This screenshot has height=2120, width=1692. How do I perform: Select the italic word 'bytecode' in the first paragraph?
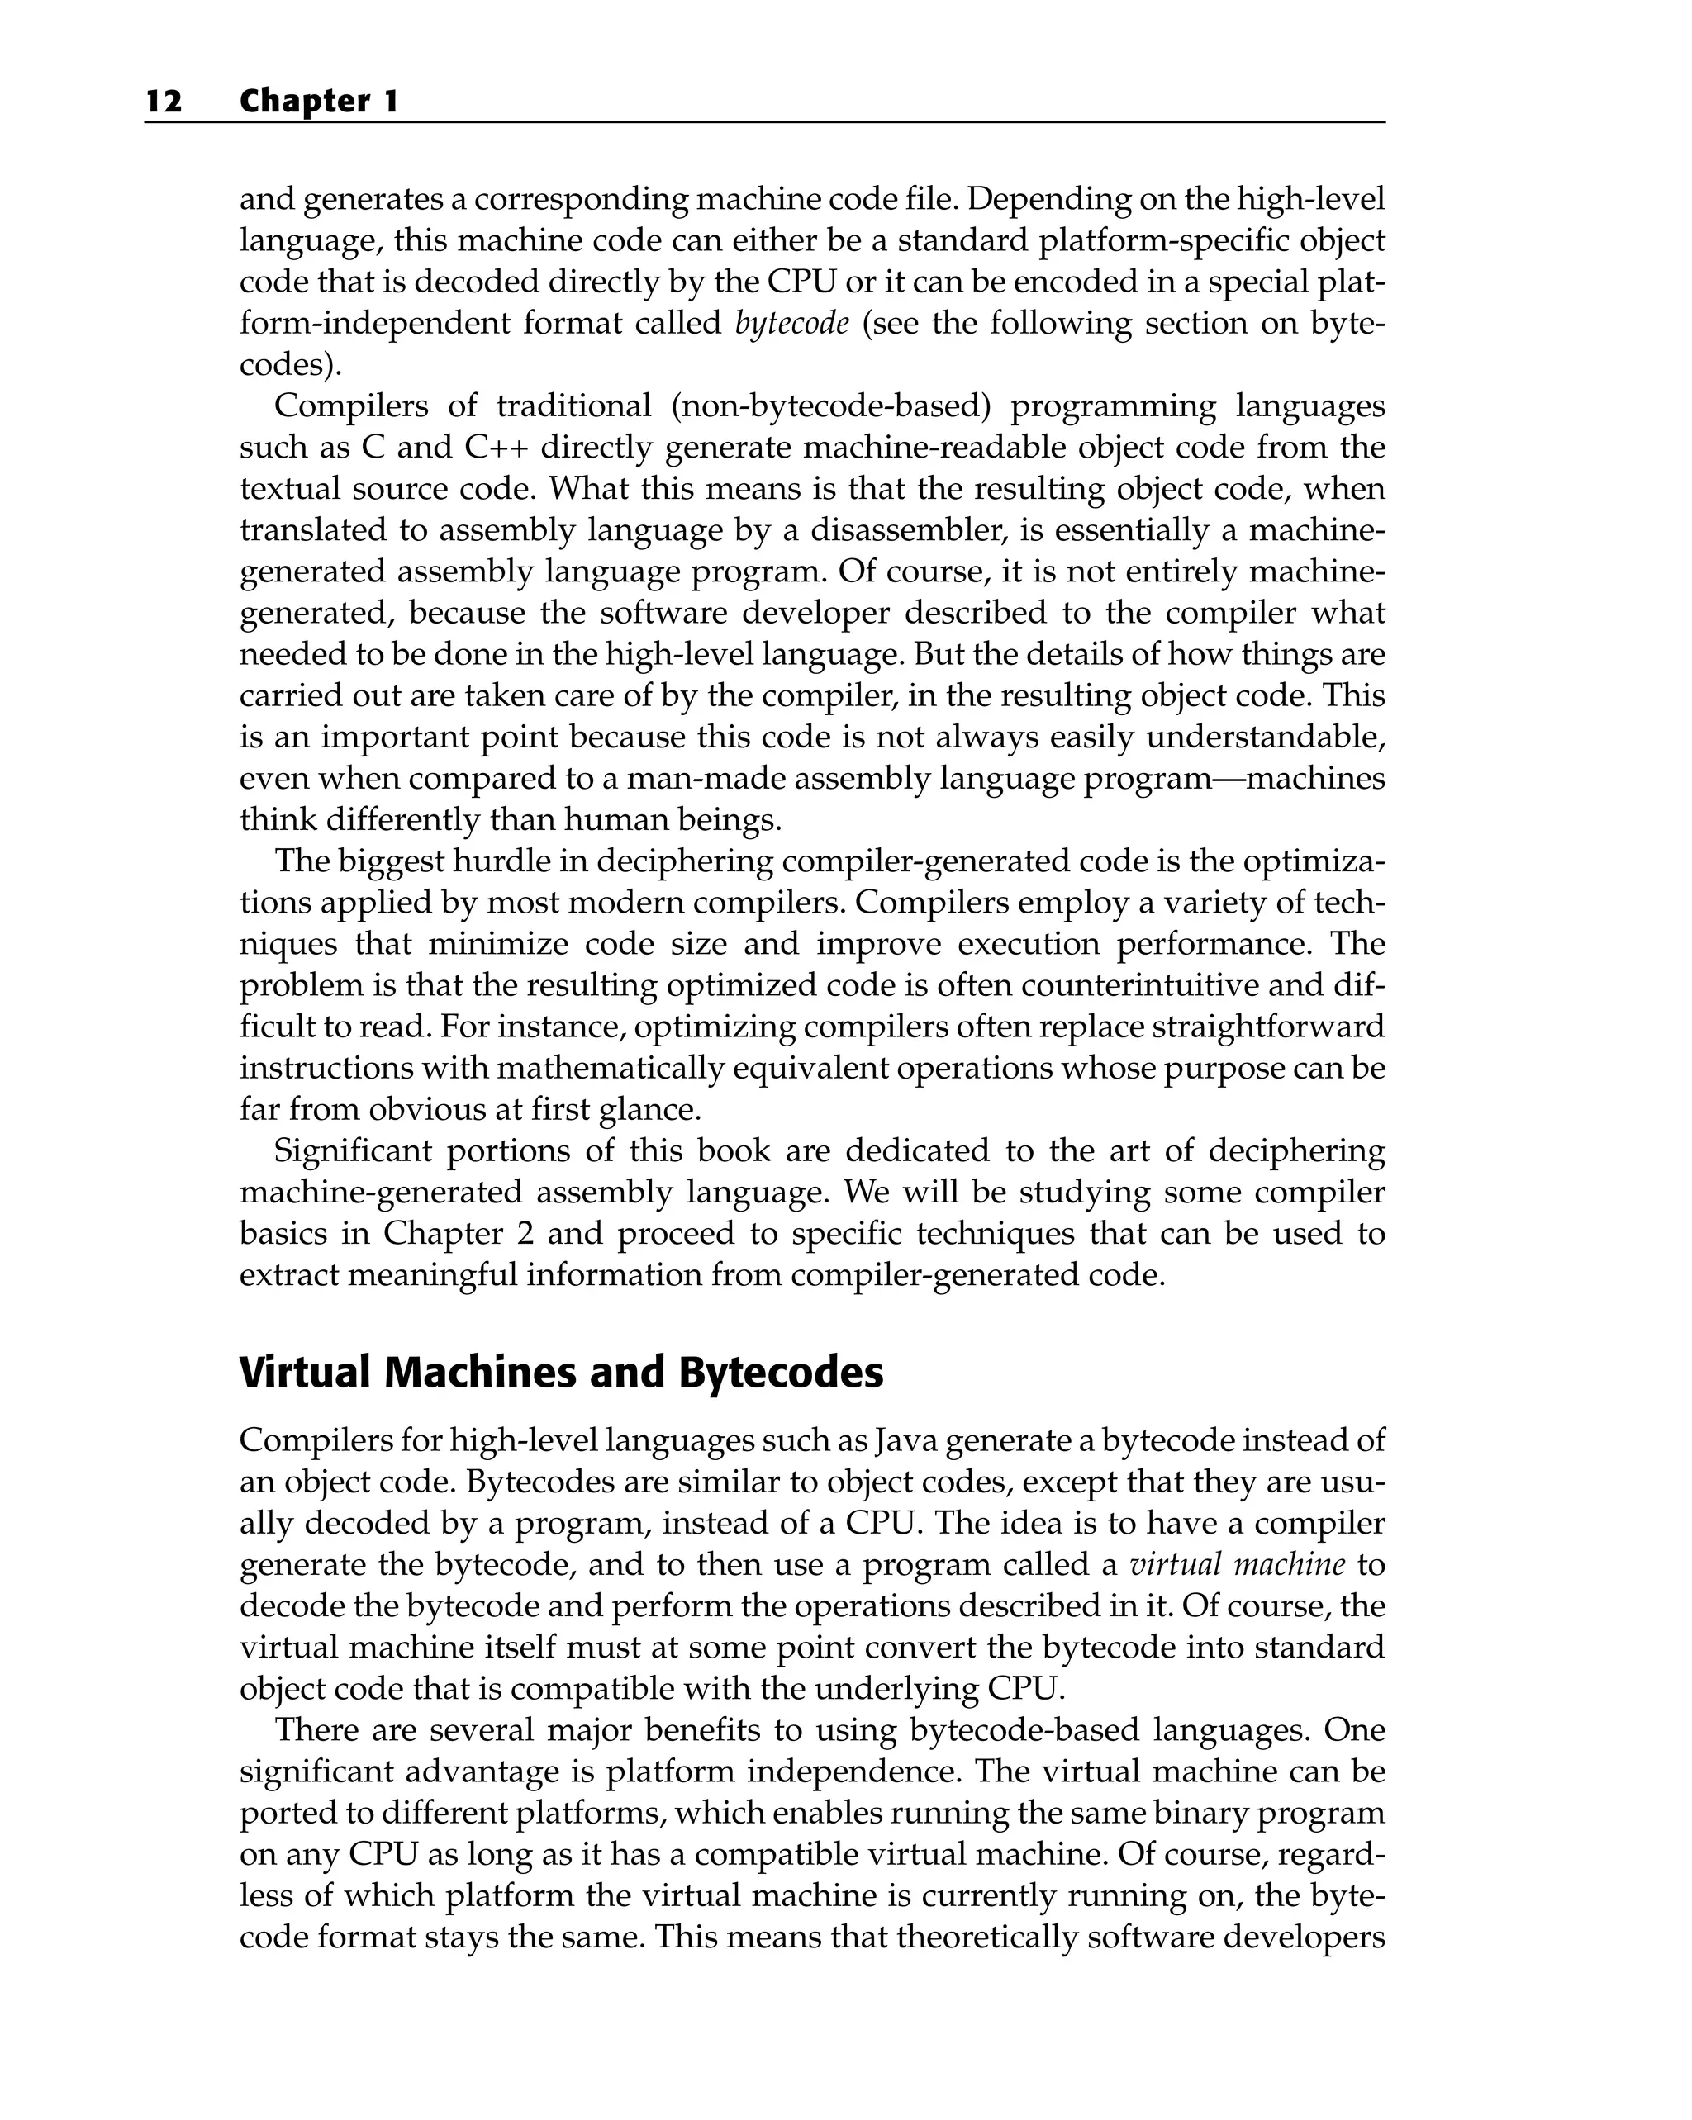coord(791,324)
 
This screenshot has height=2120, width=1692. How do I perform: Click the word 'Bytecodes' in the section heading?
coord(780,1373)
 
